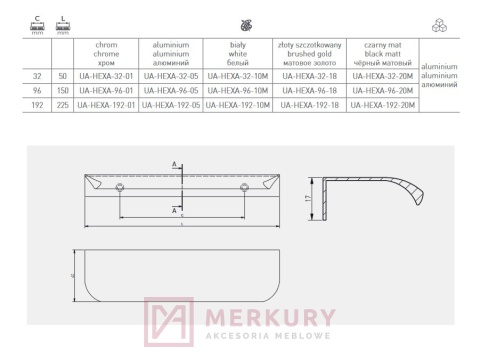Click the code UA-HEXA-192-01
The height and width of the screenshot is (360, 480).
[106, 103]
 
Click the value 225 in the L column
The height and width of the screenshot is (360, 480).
[62, 103]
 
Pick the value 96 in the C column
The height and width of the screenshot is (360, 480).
[37, 89]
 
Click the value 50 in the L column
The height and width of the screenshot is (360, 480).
[62, 75]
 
